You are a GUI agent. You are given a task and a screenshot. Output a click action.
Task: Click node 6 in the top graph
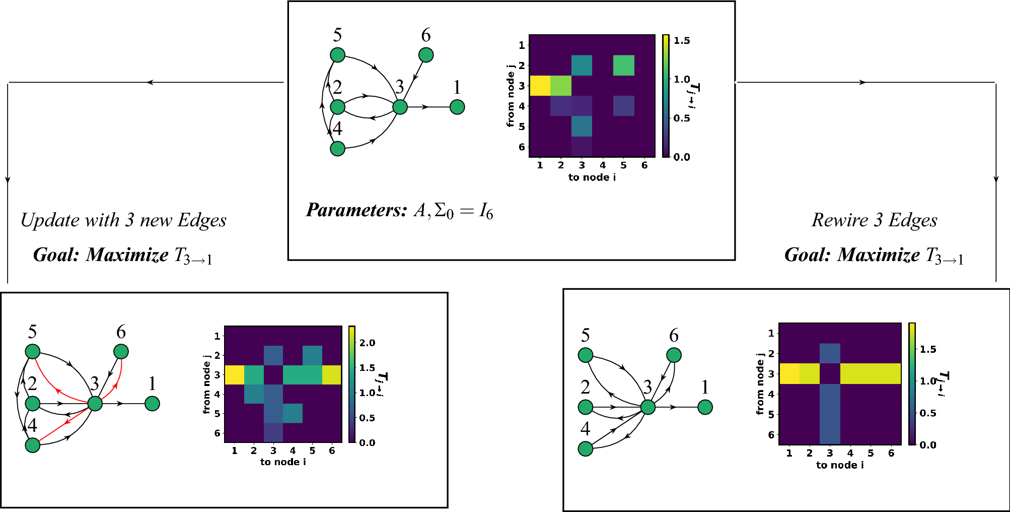coord(426,55)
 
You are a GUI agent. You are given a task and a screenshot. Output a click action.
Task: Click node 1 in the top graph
coord(457,107)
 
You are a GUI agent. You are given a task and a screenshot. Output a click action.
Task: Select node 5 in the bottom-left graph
coord(33,352)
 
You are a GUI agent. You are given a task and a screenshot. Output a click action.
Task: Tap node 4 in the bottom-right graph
coord(586,449)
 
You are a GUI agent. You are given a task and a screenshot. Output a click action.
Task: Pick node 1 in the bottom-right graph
coord(705,407)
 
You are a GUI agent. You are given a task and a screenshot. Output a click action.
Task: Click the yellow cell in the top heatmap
coord(540,86)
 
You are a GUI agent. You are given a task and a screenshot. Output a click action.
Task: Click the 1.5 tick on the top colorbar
coord(682,41)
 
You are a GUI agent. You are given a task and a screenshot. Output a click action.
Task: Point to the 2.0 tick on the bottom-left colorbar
coord(367,343)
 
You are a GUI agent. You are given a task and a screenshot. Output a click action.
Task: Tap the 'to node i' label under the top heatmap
coord(592,177)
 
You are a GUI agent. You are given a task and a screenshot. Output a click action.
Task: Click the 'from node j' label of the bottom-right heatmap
coord(760,383)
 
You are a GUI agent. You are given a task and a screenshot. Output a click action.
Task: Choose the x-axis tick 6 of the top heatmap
coord(644,165)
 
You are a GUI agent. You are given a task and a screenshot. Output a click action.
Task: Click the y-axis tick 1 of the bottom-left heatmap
coord(218,336)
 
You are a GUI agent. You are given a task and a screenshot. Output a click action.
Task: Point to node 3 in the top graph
coord(400,107)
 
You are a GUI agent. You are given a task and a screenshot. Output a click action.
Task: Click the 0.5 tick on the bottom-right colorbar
coord(927,413)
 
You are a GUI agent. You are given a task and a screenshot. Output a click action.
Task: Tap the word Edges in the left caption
coord(202,220)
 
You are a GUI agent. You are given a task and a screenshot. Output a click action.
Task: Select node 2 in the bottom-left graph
coord(33,403)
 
